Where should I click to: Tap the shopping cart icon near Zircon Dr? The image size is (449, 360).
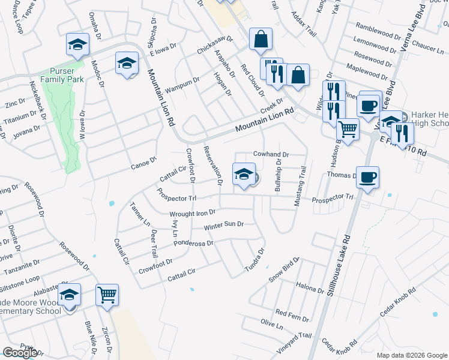click(107, 294)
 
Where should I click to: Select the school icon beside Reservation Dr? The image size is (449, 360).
click(243, 173)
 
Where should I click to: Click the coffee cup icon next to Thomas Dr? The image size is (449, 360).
click(367, 176)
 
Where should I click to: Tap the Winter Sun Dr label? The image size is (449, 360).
click(223, 224)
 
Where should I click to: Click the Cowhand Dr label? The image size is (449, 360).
click(271, 154)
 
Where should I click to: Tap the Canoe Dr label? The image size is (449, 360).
click(144, 161)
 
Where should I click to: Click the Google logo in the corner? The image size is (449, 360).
click(20, 353)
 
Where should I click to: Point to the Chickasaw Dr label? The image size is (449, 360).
click(214, 44)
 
